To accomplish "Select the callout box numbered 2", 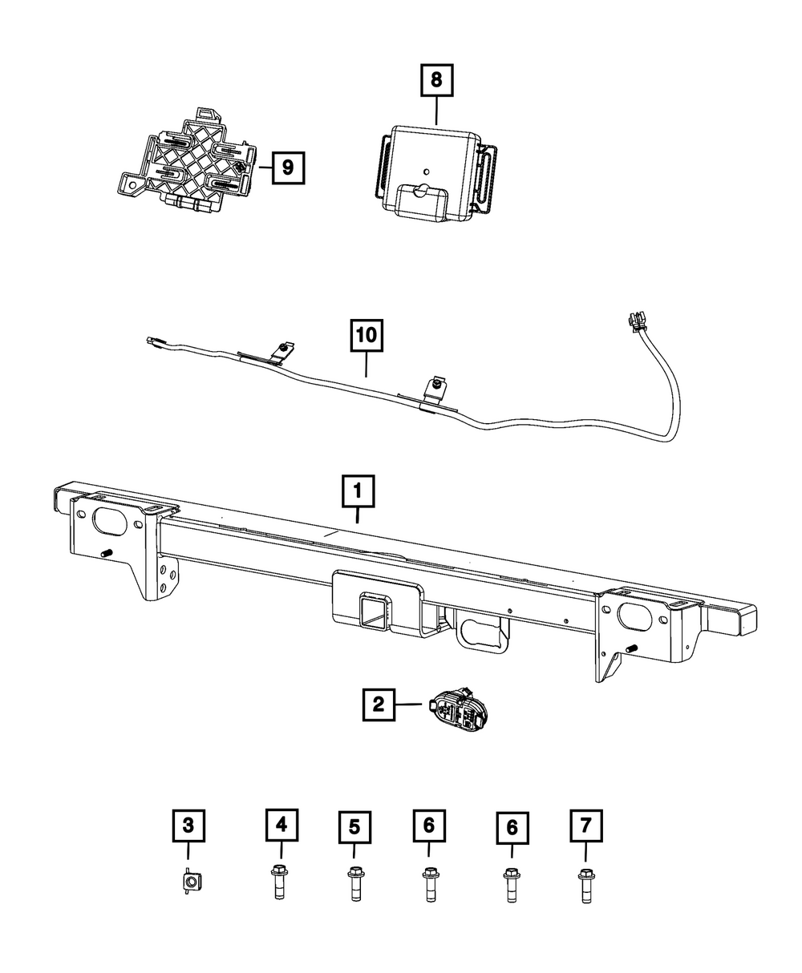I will click(379, 705).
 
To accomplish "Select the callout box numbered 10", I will click(367, 337).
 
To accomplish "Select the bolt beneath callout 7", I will click(585, 885).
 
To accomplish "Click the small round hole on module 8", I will click(427, 170).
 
